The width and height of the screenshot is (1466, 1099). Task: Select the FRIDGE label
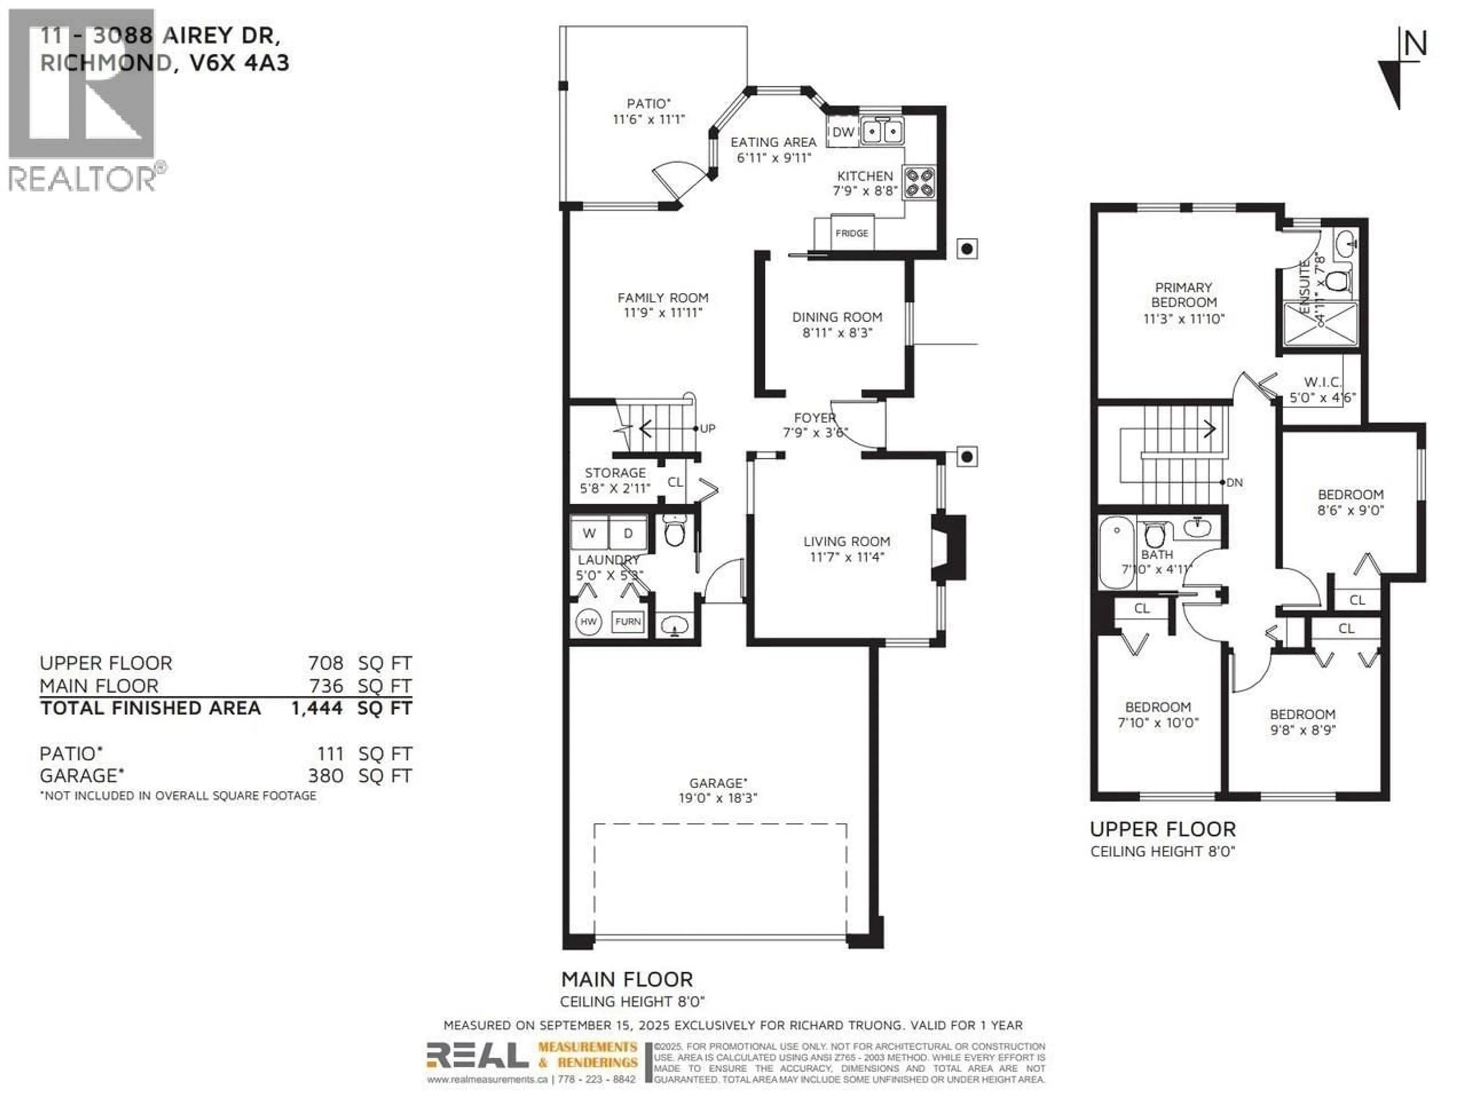click(x=852, y=233)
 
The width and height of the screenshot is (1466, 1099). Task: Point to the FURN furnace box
click(x=628, y=621)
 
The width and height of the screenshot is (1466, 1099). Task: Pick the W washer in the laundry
click(x=589, y=533)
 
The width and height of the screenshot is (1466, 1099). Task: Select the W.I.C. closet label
click(x=1322, y=382)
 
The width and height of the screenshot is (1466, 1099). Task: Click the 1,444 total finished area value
click(x=317, y=708)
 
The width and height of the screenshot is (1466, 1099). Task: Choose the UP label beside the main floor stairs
click(x=707, y=429)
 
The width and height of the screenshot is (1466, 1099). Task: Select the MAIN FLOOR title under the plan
click(x=626, y=979)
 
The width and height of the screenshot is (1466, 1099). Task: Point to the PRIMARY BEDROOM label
click(x=1183, y=295)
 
